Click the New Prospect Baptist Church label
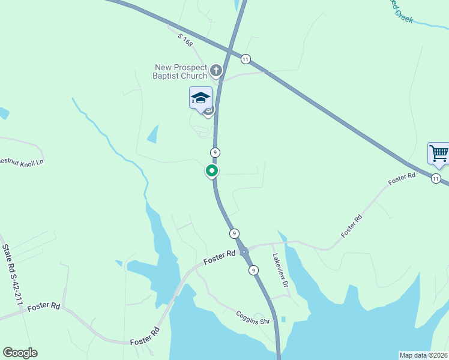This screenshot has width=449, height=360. point(180,72)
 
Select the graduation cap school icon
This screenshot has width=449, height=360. point(200,98)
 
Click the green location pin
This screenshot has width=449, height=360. point(212,170)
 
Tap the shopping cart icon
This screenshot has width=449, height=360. point(439,153)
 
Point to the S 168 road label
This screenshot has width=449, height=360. point(185,41)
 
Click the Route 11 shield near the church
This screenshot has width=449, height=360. point(246,59)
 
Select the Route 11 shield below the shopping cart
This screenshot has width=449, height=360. point(436,179)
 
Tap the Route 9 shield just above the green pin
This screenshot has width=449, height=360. point(215,152)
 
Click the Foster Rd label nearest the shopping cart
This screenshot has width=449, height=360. point(402,178)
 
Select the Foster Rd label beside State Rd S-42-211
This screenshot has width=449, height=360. point(44,306)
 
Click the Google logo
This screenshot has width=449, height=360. point(20,353)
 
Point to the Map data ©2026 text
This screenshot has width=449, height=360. point(423,355)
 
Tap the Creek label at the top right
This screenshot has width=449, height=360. point(403,16)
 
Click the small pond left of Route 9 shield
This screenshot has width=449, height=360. point(153,134)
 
